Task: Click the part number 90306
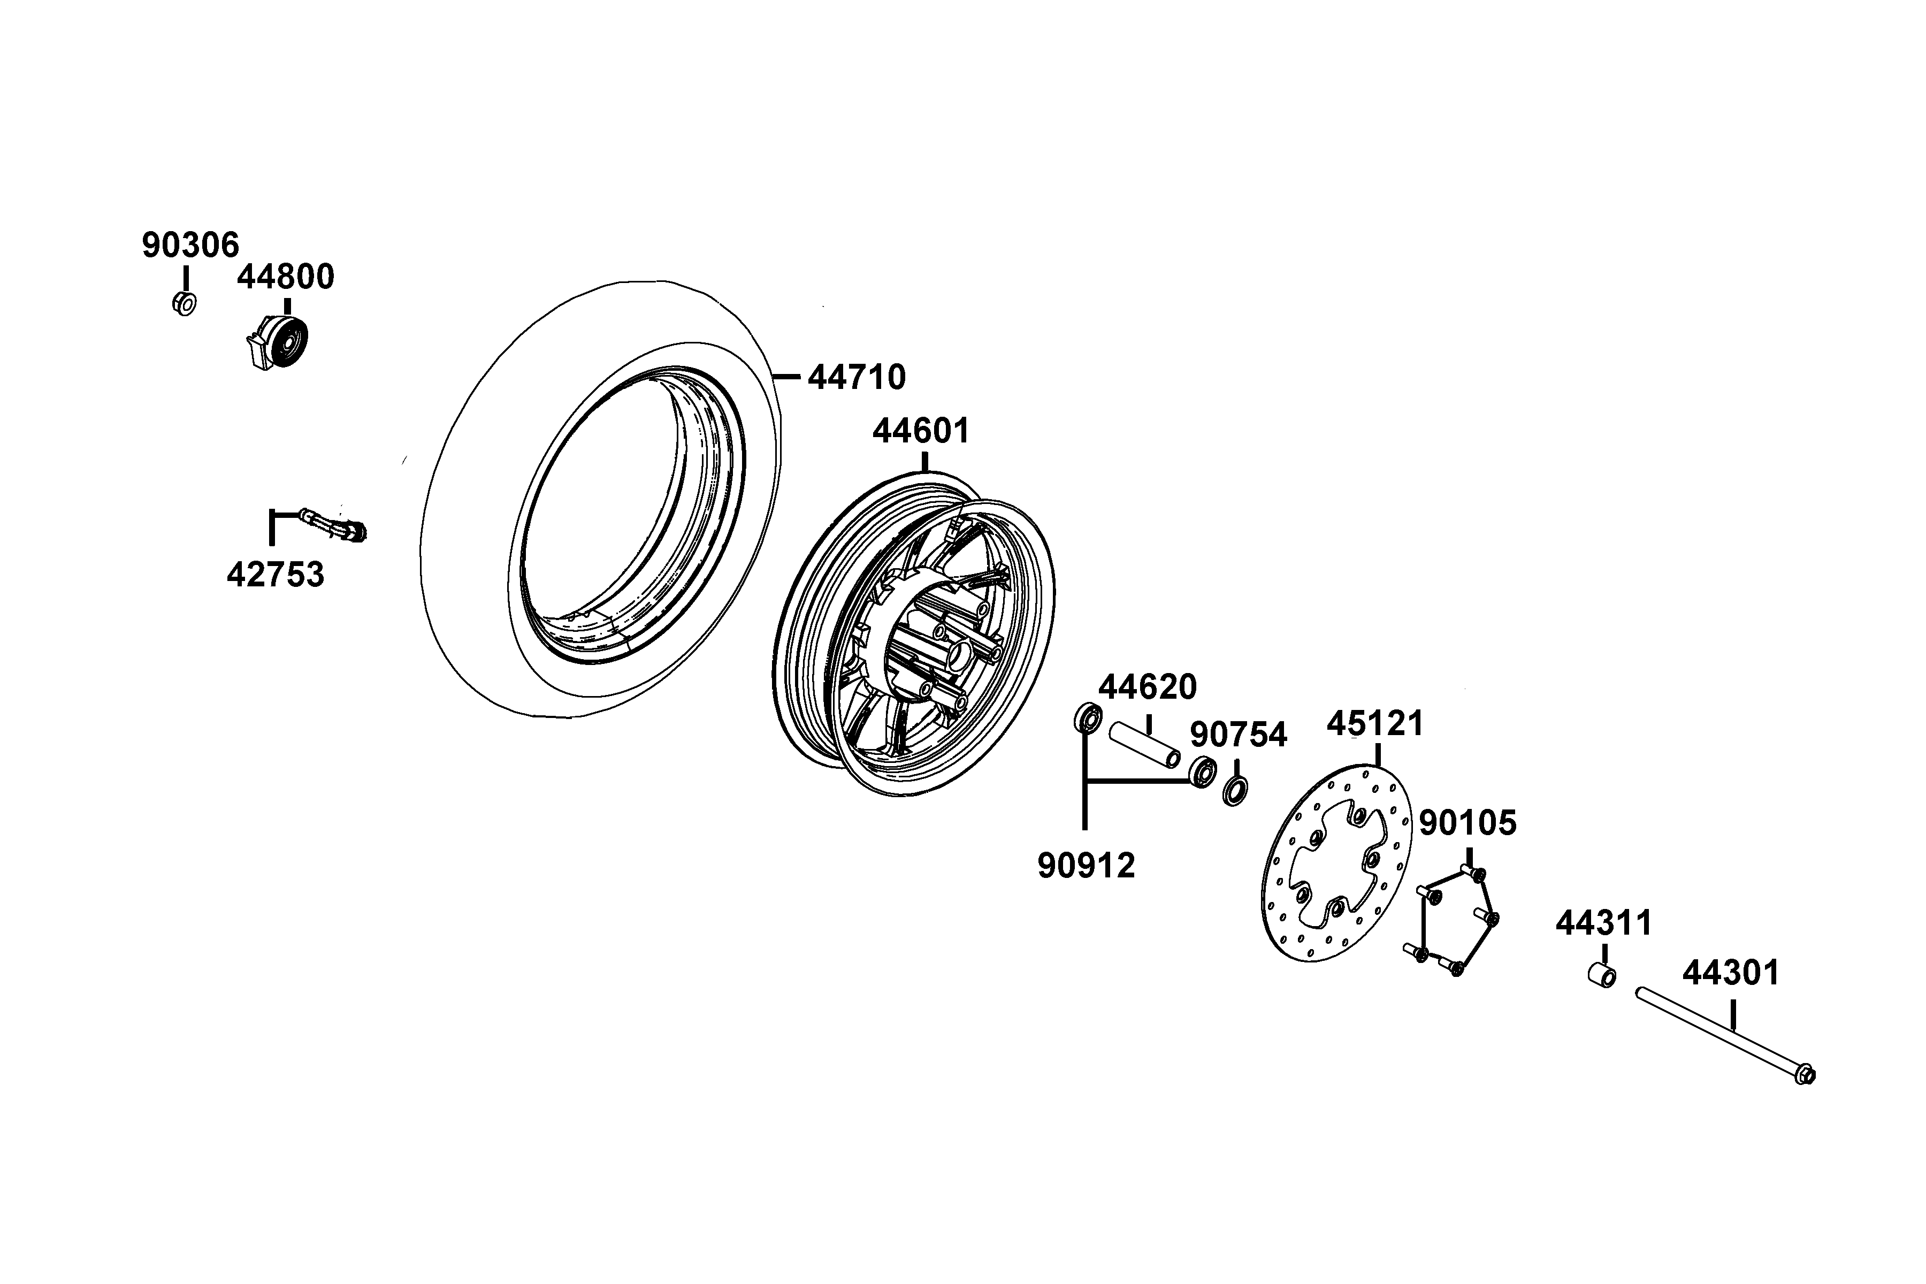[x=191, y=245]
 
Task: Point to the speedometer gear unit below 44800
[x=277, y=341]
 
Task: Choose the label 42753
[x=275, y=575]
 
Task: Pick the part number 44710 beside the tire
[x=857, y=378]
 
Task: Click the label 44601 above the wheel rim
[x=921, y=431]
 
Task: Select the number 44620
[x=1147, y=687]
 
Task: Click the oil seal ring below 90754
[x=1235, y=792]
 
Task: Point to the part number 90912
[x=1087, y=866]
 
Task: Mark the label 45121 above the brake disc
[x=1375, y=723]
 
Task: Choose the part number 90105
[x=1468, y=823]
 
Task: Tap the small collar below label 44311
[x=1602, y=975]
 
